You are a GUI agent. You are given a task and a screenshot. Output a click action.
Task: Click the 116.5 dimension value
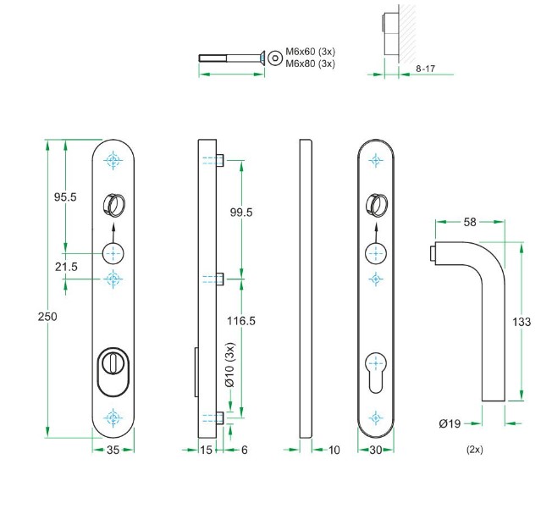click(241, 321)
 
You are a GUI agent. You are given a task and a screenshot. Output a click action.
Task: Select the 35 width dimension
click(113, 450)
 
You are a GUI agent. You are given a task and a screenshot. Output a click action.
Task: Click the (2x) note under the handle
click(474, 450)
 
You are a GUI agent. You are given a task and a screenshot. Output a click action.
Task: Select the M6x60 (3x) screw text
click(311, 53)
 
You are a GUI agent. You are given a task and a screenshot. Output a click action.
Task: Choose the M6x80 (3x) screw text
click(311, 64)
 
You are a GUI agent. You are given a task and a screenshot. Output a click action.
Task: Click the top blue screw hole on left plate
click(113, 161)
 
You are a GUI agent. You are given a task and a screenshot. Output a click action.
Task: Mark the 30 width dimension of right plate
click(376, 450)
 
